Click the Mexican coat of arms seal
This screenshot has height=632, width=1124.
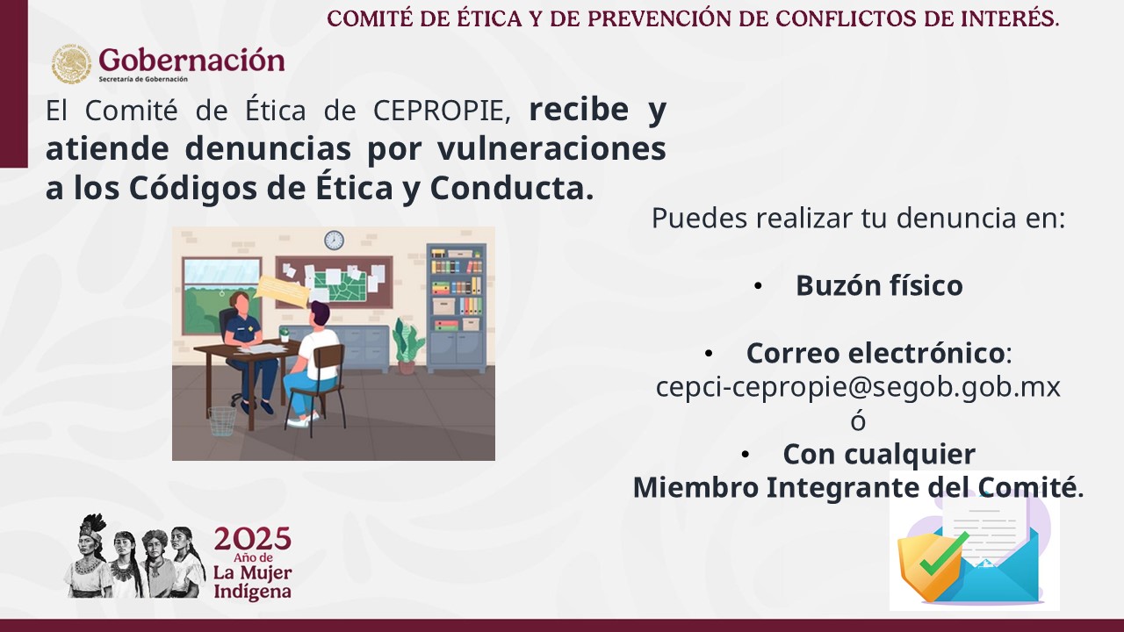pyautogui.click(x=71, y=64)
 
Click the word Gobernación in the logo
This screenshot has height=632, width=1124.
pyautogui.click(x=191, y=61)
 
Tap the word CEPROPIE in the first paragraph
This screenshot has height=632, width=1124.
pyautogui.click(x=442, y=111)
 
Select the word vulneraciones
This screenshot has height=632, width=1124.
pyautogui.click(x=551, y=148)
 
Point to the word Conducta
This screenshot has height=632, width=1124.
pyautogui.click(x=512, y=188)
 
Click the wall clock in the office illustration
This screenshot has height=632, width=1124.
pyautogui.click(x=334, y=241)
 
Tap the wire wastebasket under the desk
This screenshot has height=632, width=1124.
pyautogui.click(x=222, y=420)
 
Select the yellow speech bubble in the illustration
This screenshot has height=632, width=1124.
pyautogui.click(x=282, y=291)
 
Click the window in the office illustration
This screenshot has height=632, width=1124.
pyautogui.click(x=222, y=296)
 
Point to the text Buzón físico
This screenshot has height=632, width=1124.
pyautogui.click(x=879, y=286)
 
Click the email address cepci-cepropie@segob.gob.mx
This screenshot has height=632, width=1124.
pyautogui.click(x=858, y=387)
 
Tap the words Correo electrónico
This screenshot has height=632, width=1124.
pyautogui.click(x=875, y=353)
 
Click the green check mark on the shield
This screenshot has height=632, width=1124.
pyautogui.click(x=944, y=554)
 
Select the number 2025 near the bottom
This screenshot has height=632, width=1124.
pyautogui.click(x=252, y=539)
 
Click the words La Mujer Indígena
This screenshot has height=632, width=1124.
pyautogui.click(x=252, y=582)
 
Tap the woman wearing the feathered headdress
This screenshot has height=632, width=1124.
pyautogui.click(x=89, y=556)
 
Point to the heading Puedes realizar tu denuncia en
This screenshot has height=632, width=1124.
pyautogui.click(x=858, y=219)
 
